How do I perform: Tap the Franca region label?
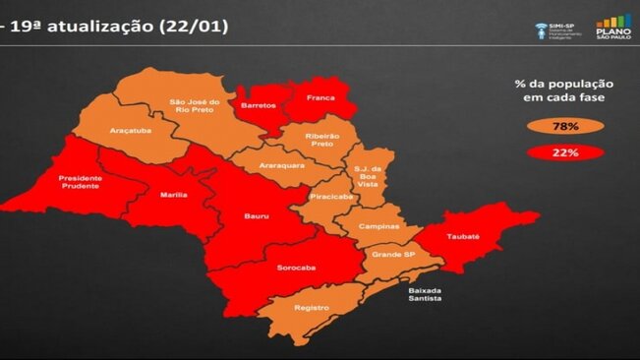coord(320,98)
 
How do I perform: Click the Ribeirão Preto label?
coord(317,139)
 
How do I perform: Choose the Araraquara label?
coord(282,165)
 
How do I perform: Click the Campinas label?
coord(378,226)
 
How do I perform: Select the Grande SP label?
coord(390,255)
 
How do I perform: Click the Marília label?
coord(174,195)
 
